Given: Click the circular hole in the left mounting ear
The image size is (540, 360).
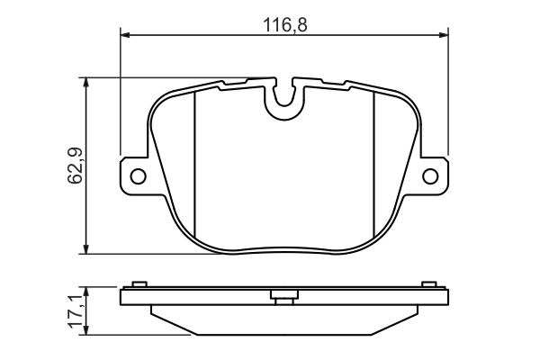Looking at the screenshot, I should pos(138,175).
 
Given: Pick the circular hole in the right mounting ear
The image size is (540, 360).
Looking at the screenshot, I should pos(431,175).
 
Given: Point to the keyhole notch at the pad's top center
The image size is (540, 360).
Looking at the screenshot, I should pos(285,99).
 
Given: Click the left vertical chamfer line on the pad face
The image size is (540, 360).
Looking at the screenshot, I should pos(195,162).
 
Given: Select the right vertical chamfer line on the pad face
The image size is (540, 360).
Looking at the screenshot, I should pos(373,162).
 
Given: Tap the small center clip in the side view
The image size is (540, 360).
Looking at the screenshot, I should pos(283,295).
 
